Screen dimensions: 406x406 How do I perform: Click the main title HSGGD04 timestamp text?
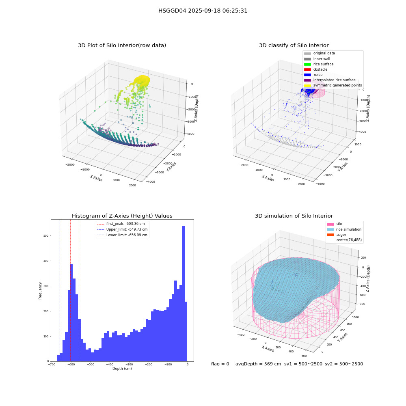203,11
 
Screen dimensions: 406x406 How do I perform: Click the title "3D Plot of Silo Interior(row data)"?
122,45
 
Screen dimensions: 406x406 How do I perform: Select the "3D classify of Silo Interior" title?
294,45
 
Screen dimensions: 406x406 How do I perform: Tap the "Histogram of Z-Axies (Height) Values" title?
122,216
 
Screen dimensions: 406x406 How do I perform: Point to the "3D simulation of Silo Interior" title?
294,216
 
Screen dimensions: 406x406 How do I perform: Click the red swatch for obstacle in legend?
307,69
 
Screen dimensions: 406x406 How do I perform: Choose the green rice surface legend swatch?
307,64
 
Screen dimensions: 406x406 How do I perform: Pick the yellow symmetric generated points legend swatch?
307,85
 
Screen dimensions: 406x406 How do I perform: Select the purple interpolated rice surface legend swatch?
307,80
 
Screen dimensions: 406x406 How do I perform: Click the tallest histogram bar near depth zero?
184,294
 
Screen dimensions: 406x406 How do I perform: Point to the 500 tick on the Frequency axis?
46,235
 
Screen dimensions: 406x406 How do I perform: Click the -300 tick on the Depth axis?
129,364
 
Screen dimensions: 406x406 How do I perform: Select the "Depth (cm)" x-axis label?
122,369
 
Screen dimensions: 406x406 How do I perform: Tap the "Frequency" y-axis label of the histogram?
40,291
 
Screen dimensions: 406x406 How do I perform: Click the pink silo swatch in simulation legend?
330,224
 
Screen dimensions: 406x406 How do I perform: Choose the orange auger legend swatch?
330,235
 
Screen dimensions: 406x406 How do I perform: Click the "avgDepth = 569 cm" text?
258,364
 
